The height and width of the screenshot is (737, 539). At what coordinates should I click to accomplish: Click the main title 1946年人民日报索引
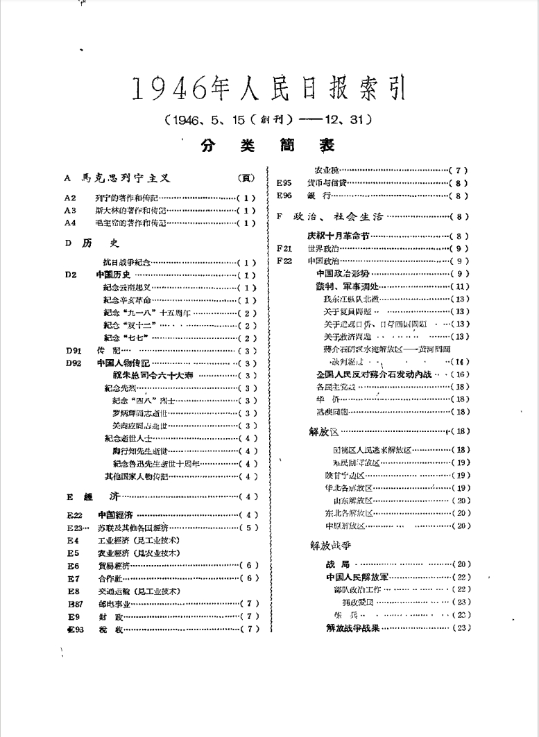268,88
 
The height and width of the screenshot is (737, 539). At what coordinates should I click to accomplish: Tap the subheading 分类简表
268,145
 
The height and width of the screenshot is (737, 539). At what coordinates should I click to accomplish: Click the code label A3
69,210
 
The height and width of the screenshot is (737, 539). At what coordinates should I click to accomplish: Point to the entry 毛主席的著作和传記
131,223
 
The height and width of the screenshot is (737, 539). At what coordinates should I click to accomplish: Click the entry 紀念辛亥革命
127,300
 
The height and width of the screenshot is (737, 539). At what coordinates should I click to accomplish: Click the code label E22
75,515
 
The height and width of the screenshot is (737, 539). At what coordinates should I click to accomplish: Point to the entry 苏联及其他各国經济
131,528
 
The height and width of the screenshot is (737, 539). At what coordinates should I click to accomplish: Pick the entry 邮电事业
113,603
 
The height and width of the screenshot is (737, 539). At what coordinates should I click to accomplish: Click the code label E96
284,196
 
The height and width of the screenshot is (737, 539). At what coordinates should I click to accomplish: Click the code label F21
284,248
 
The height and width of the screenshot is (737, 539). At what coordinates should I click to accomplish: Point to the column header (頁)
246,178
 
